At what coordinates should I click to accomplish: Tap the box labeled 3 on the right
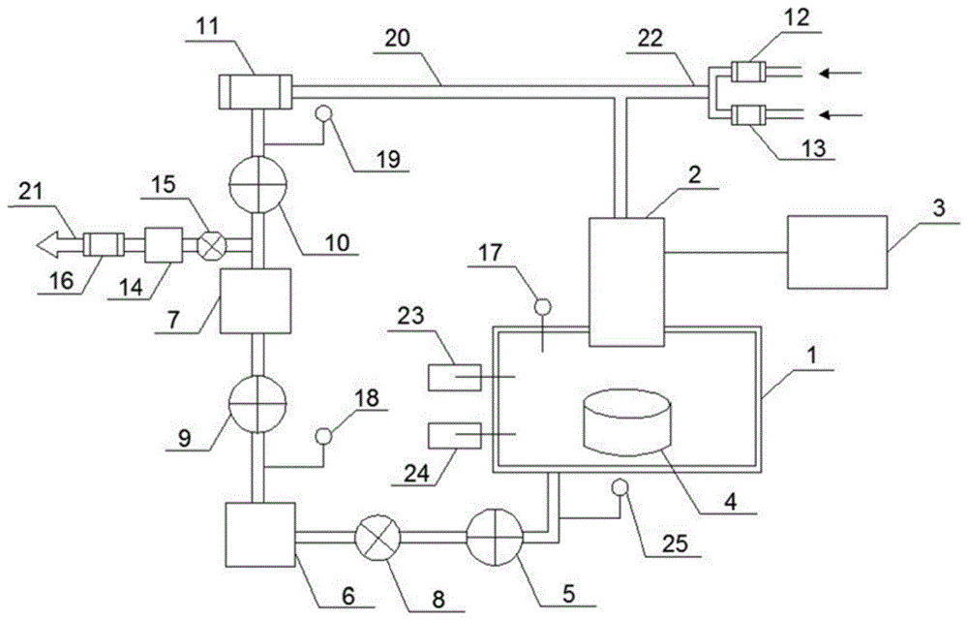click(837, 252)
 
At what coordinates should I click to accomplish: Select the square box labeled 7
click(256, 301)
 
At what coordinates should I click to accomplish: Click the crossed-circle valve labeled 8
click(378, 537)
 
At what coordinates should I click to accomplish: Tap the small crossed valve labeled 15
click(212, 245)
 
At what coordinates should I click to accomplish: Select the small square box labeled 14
click(164, 245)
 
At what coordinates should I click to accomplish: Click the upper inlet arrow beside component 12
click(840, 74)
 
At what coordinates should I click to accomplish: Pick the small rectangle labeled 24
click(455, 435)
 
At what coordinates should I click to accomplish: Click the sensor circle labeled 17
click(543, 306)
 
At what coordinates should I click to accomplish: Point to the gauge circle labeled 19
click(323, 113)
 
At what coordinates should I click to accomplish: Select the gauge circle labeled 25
click(620, 487)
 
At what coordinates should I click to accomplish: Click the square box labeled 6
click(259, 535)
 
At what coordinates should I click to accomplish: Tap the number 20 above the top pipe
click(398, 39)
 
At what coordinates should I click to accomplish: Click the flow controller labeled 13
click(748, 115)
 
